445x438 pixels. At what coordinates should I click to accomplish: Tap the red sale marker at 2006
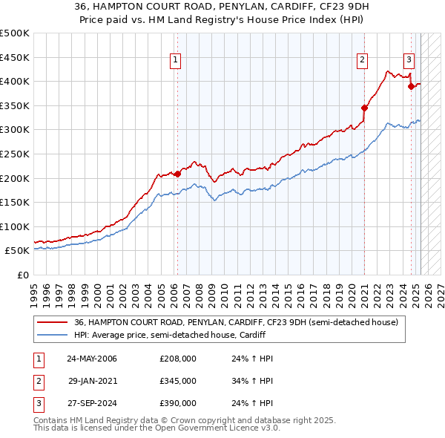[x=177, y=174]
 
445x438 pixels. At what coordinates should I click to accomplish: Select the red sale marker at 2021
[x=364, y=107]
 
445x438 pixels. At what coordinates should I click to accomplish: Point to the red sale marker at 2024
[x=411, y=85]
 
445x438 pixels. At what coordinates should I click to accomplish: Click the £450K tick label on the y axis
[x=16, y=57]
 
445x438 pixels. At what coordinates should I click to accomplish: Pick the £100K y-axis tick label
[x=16, y=226]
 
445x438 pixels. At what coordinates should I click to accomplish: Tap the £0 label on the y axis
[x=23, y=275]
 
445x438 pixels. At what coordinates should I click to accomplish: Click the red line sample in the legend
[x=52, y=322]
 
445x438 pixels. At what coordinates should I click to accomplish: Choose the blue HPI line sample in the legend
[x=52, y=335]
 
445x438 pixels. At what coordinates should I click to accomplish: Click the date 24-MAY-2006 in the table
[x=92, y=359]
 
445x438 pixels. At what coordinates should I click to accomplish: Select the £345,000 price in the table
[x=178, y=381]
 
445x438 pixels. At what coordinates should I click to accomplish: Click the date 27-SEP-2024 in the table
[x=92, y=403]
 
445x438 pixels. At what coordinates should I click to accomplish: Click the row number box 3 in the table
[x=39, y=403]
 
